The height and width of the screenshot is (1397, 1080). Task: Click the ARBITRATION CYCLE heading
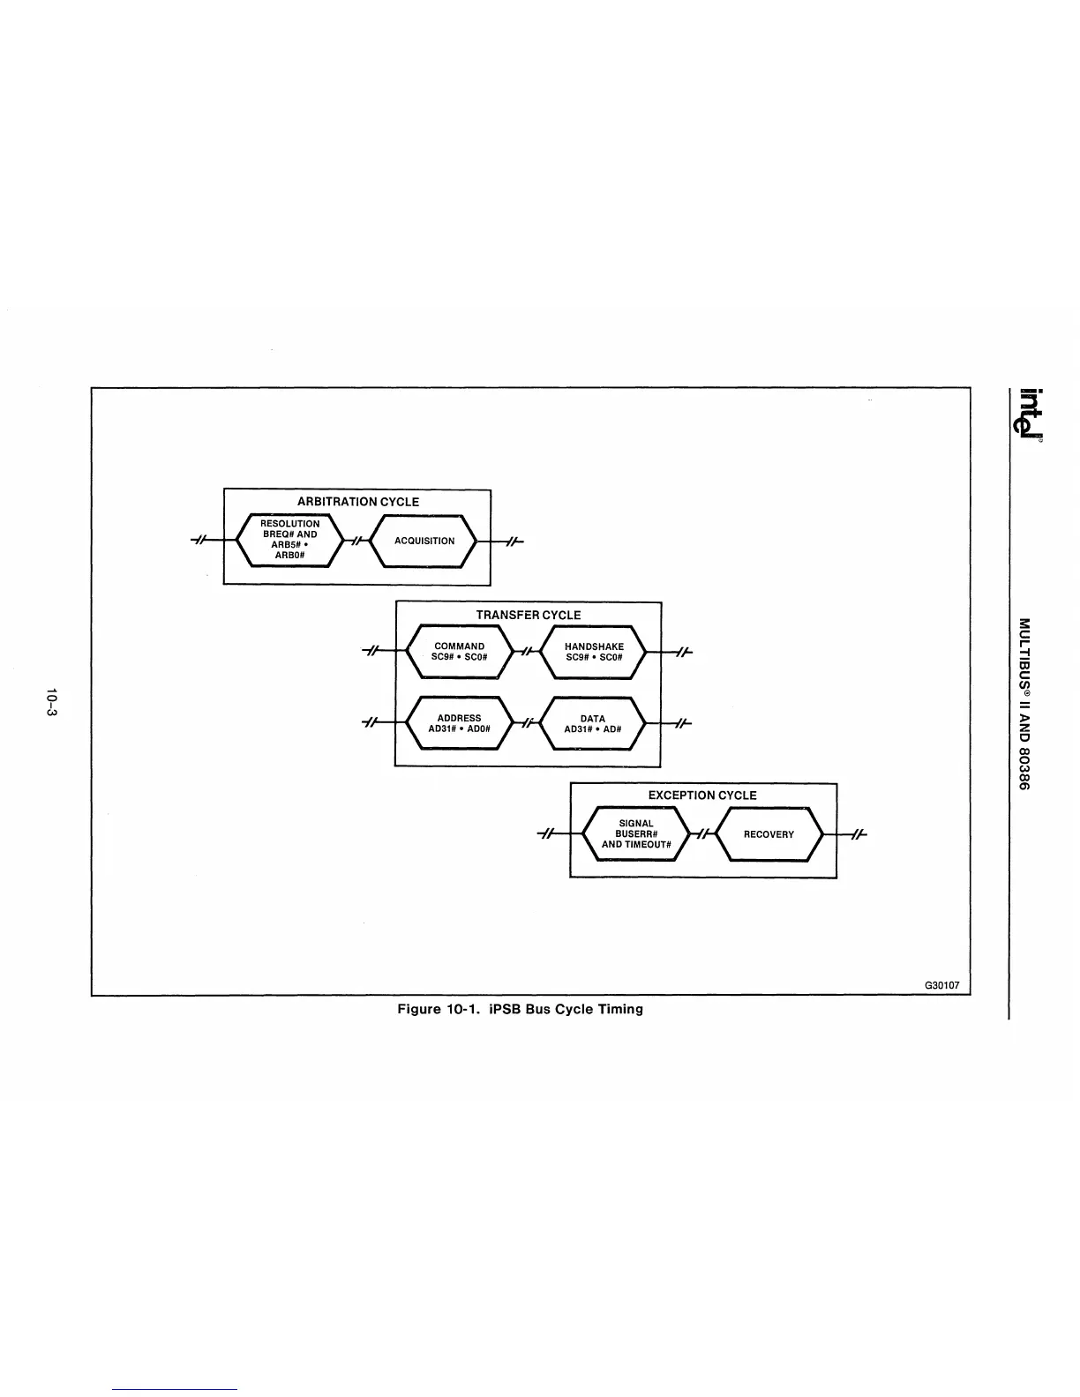click(357, 502)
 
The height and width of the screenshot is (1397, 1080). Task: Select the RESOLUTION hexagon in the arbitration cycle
click(289, 540)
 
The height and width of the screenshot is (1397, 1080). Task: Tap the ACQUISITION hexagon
click(424, 541)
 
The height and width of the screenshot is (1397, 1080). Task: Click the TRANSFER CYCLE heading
click(529, 615)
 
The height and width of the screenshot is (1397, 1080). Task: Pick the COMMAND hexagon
click(459, 652)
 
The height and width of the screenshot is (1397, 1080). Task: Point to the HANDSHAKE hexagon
click(594, 652)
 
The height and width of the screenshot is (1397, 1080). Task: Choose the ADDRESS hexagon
click(459, 723)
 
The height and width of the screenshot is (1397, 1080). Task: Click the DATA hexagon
click(593, 723)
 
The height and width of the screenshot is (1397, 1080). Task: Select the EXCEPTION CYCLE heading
click(702, 795)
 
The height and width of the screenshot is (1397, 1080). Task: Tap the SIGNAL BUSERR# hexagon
click(636, 833)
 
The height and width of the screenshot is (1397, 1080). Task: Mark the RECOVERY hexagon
click(769, 834)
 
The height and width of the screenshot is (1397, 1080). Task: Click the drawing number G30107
click(941, 985)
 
